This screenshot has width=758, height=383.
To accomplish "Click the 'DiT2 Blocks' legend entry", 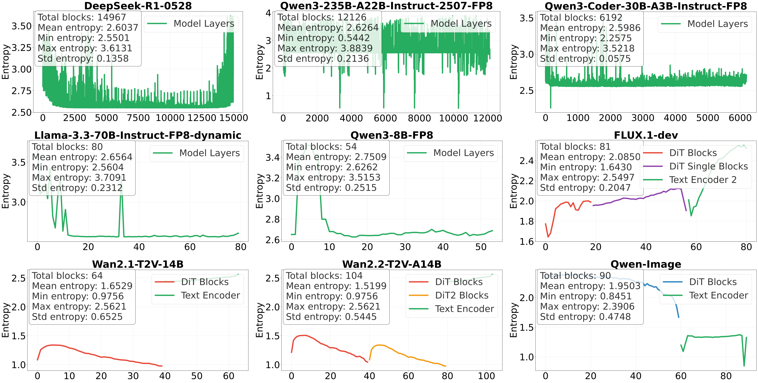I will point(461,295).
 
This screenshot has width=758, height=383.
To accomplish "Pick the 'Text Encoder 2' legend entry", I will point(702,180).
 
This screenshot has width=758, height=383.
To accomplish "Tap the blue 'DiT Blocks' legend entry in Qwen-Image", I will point(712,282).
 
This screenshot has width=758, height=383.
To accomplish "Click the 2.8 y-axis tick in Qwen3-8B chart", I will point(272,219).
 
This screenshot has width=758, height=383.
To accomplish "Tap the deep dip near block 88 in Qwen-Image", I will point(744,366).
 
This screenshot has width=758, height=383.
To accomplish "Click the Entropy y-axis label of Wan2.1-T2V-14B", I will point(5,320).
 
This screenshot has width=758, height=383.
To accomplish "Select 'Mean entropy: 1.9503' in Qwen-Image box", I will point(590,286).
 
